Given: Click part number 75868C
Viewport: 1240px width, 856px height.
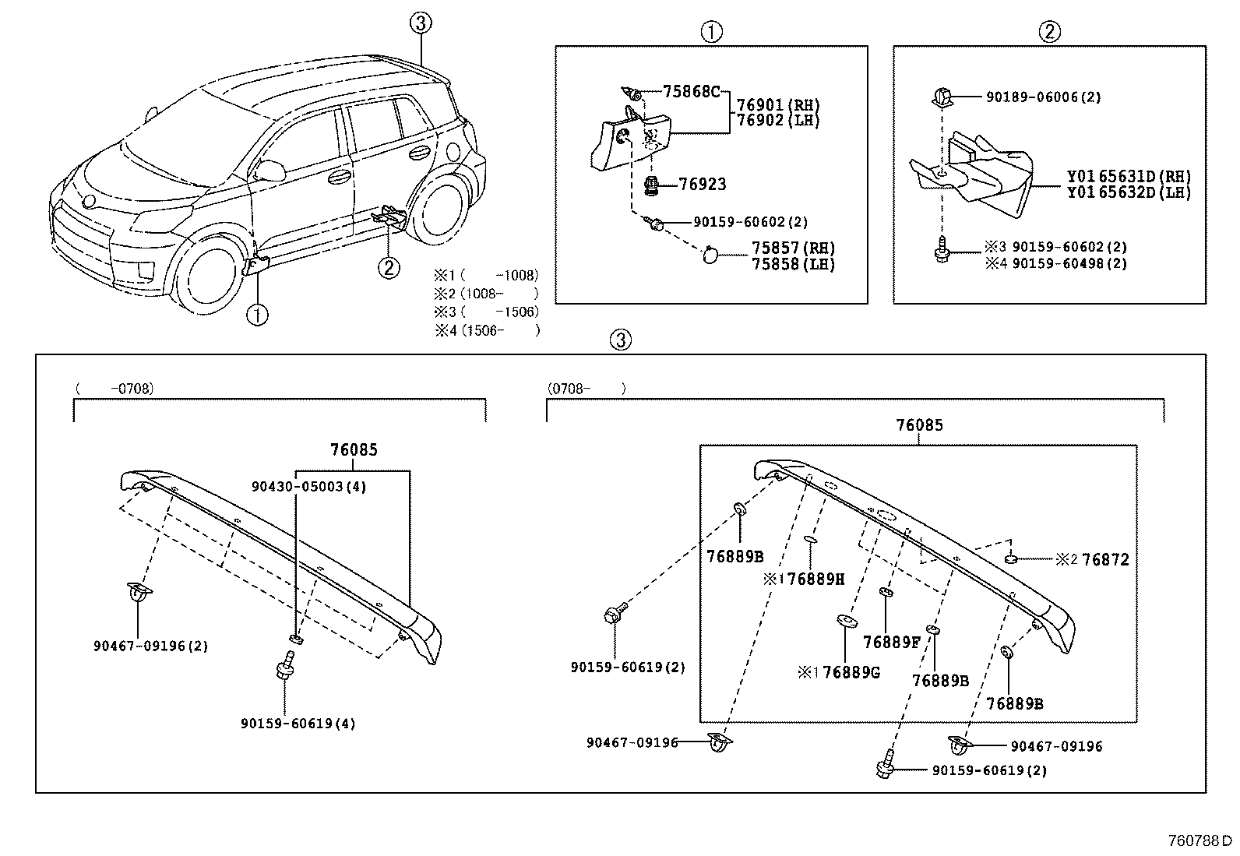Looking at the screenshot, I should pos(691,91).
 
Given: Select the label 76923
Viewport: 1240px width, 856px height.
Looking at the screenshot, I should pos(702,185).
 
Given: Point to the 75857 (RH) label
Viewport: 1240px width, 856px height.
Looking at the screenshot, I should pos(793,248).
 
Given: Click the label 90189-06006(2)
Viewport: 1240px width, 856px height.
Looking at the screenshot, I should pos(1043,97).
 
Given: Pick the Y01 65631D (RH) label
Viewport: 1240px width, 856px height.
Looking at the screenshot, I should pos(1129,177).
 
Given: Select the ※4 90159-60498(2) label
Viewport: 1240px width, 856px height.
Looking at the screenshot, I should pos(1055,263).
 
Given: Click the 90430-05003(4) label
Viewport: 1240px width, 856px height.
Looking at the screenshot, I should pos(308,486).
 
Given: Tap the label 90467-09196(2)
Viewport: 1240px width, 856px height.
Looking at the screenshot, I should pos(150,646).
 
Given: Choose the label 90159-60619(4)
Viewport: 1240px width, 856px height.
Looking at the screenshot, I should pos(298,723).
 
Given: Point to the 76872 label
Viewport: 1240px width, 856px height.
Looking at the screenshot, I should pos(1104,559).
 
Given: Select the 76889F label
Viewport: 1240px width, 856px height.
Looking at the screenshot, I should pos(891,642).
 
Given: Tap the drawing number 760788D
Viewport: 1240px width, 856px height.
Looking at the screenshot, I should pos(1199,840).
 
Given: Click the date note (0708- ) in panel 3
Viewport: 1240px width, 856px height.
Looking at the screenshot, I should pos(587,388).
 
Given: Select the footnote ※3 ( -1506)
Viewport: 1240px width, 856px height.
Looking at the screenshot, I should pos(487,312).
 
